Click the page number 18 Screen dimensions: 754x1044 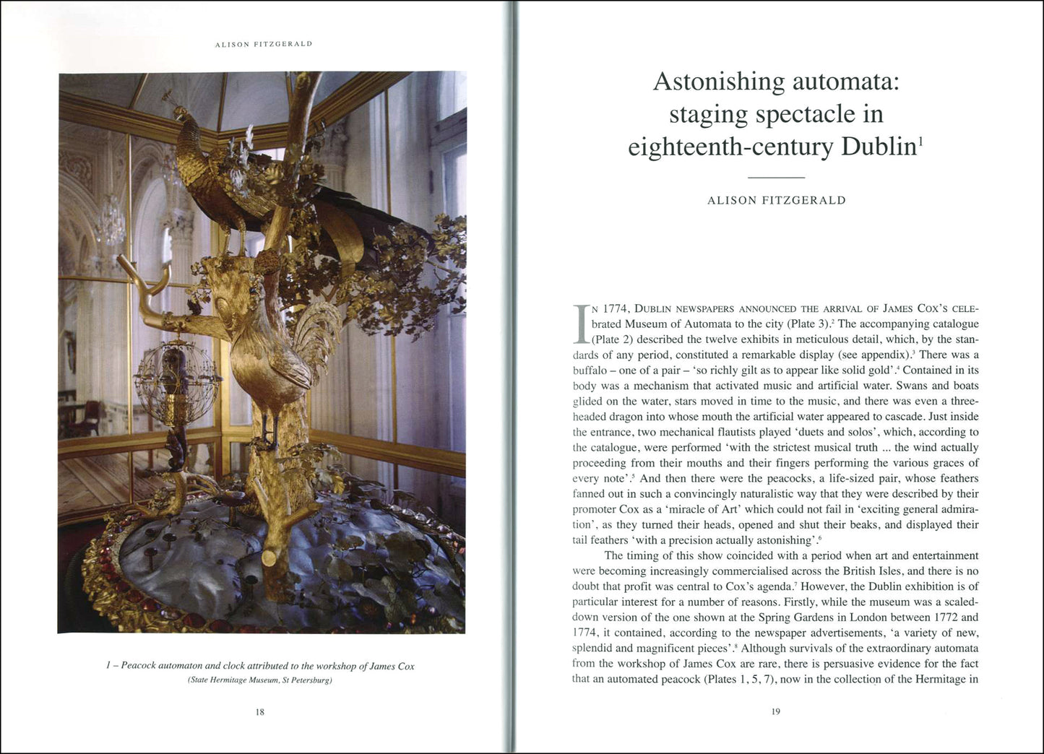tap(260, 712)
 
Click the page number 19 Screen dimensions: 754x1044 tap(776, 712)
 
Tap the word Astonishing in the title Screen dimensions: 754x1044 tap(718, 82)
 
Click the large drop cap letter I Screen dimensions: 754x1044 tap(582, 323)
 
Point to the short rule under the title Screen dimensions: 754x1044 tap(776, 178)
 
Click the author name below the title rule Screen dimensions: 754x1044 tap(776, 201)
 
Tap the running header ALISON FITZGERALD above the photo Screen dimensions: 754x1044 tap(264, 44)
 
